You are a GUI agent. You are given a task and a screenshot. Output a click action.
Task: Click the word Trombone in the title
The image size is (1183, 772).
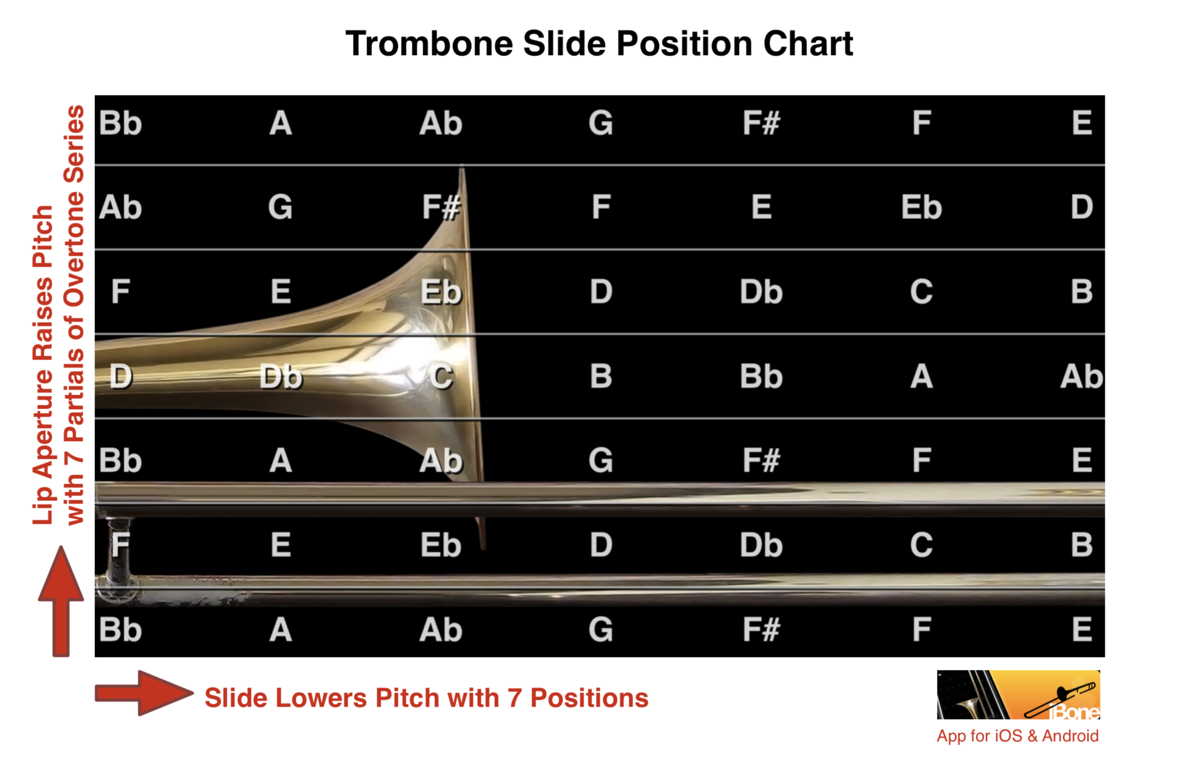click(x=430, y=43)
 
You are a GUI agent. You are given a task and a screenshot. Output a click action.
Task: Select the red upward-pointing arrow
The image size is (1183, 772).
click(x=61, y=601)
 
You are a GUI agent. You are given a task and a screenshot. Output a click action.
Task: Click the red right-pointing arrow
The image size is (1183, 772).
click(x=144, y=693)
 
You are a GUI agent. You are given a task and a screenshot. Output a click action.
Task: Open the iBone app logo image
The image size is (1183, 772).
click(x=1018, y=694)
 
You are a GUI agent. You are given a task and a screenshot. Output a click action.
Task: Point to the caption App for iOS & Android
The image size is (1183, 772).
click(x=1017, y=736)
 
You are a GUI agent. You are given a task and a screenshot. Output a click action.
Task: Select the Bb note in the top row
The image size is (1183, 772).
click(x=120, y=123)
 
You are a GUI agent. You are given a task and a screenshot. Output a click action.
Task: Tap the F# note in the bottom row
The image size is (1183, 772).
click(x=761, y=629)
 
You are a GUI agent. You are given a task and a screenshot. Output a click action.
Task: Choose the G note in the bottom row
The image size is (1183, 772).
click(x=601, y=629)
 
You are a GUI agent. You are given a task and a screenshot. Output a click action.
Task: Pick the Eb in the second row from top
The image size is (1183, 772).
click(x=921, y=207)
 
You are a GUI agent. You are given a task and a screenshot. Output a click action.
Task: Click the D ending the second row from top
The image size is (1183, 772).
click(x=1082, y=207)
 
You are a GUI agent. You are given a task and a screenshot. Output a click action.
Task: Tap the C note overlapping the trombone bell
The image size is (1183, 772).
click(x=441, y=376)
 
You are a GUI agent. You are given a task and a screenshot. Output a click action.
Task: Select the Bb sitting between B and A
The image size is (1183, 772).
click(x=761, y=376)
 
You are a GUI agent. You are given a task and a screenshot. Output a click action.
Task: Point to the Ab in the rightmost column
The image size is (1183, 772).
click(x=1082, y=376)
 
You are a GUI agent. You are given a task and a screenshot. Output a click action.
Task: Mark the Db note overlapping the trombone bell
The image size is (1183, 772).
click(x=281, y=376)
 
